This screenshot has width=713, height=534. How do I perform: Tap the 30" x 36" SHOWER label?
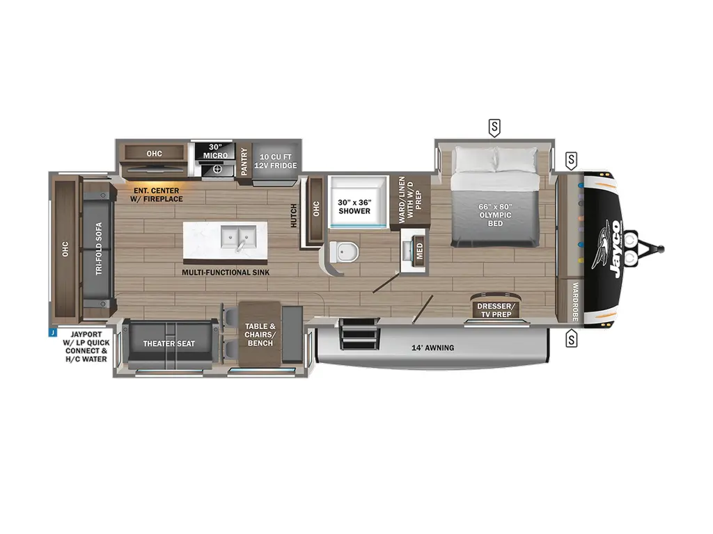pos(354,207)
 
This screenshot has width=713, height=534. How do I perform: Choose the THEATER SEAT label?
pos(169,343)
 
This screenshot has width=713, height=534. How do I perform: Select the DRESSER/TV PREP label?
pos(496,310)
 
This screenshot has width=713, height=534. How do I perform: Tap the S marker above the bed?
pos(494,127)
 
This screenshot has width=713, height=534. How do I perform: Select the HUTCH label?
pos(293,216)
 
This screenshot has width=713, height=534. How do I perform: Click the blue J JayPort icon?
pos(52,332)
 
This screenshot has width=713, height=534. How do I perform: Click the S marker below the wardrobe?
pos(572,339)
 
